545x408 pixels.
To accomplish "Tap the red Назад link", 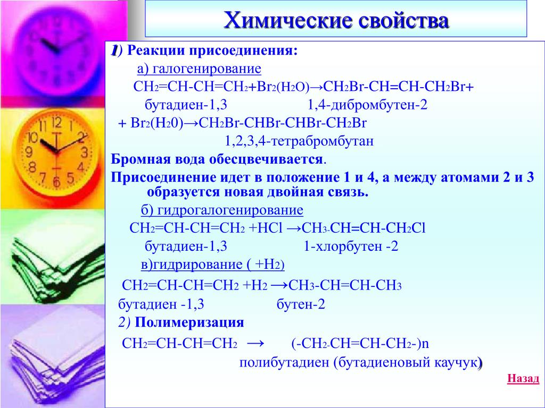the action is (523, 378).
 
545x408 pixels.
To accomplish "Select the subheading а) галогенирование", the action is (199, 69).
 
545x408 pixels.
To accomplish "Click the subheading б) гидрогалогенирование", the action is (222, 210).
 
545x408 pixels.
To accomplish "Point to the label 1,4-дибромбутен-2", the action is (367, 105).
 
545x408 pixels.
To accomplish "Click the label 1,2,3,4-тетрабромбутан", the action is (299, 141).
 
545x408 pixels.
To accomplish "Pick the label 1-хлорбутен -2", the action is (351, 246).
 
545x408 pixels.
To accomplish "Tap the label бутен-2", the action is (301, 304).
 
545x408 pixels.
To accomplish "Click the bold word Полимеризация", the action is (189, 322).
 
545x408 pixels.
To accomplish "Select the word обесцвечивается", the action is (266, 159).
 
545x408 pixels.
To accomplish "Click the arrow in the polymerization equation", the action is (256, 344).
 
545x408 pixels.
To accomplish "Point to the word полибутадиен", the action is (284, 362).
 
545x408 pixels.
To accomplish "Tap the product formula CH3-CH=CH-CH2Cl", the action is (364, 228).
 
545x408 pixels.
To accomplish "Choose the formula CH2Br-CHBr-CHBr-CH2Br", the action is (283, 123).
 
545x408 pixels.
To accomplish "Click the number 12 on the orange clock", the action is (56, 123).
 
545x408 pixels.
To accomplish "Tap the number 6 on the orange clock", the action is (56, 182).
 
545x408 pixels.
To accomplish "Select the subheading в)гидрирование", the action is (213, 265).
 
